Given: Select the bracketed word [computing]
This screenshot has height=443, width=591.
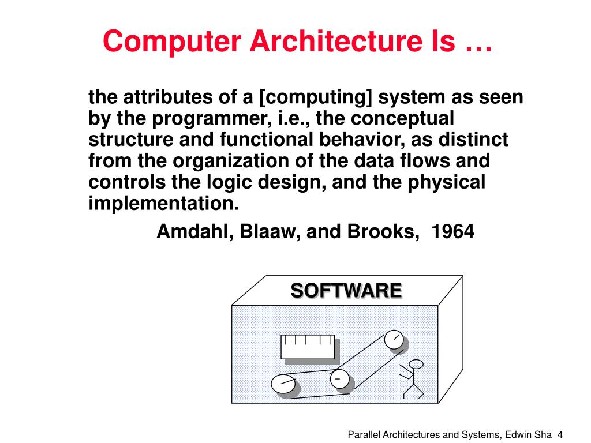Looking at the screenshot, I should (316, 97).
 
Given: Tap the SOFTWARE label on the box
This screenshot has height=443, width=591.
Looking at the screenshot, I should (346, 290).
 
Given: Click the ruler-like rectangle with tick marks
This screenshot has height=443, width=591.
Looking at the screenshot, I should (308, 347).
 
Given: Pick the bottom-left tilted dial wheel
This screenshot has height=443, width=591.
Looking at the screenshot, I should (283, 385).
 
